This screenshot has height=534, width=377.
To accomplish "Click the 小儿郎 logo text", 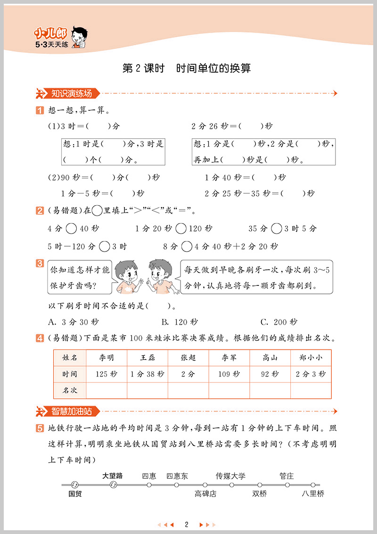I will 50,33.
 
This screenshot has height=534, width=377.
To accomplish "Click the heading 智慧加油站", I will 72,411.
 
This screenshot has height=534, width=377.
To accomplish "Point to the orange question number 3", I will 40,264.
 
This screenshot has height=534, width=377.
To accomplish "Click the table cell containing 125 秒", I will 107,374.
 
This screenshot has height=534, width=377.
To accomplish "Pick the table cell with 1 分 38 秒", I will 148,374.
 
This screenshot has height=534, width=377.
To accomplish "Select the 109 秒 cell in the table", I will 229,374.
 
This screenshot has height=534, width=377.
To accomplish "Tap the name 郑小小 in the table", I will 311,358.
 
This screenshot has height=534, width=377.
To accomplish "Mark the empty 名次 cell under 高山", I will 270,390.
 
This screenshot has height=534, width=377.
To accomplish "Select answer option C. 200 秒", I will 279,322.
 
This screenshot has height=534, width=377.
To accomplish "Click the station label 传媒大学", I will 230,476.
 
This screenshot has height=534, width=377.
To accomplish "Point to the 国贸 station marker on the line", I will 74,485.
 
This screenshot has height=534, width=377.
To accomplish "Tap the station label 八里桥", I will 313,494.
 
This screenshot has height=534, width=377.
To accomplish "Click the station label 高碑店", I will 205,494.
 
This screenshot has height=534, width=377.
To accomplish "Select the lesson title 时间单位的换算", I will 213,68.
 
